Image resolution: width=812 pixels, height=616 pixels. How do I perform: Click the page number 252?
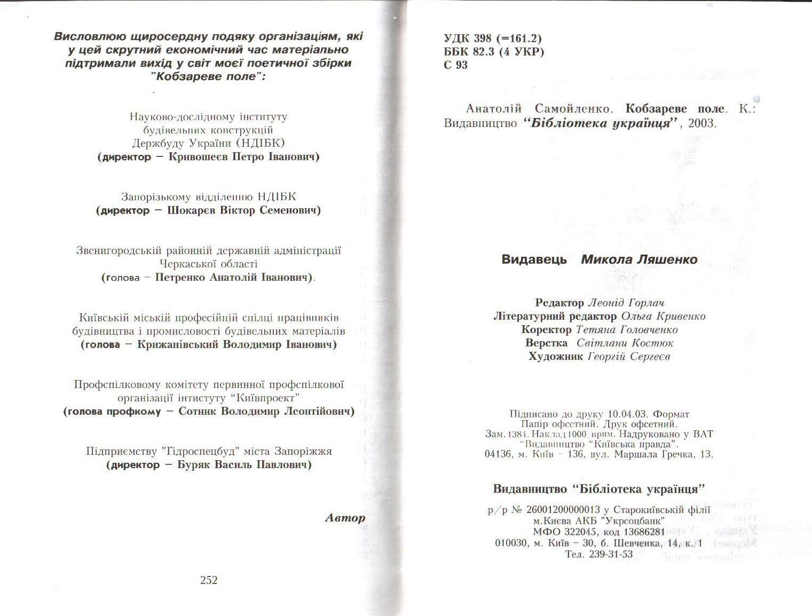click(x=209, y=580)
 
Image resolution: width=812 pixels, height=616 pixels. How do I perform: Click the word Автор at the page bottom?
click(x=345, y=518)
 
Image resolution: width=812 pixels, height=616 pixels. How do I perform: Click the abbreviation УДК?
click(x=455, y=38)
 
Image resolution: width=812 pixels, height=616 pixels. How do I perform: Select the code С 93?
click(x=455, y=66)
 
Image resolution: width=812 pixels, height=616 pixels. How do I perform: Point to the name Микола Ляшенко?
click(x=639, y=260)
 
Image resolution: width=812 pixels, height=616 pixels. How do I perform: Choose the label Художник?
click(x=555, y=357)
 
